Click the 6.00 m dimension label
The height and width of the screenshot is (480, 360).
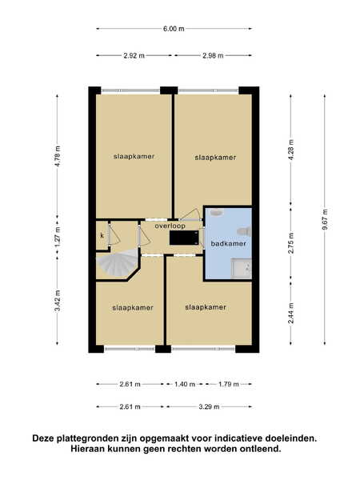tap(174, 29)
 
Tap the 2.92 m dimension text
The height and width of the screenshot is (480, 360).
tap(134, 56)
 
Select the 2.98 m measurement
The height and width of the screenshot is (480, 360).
tap(213, 56)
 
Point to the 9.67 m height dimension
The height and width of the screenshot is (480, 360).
tap(325, 219)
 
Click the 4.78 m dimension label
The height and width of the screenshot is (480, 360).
tap(58, 156)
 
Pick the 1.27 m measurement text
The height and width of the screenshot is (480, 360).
tap(58, 238)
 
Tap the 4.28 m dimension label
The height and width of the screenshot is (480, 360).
tap(291, 150)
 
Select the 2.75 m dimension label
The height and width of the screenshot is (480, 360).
tap(291, 243)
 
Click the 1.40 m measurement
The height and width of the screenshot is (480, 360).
tap(185, 384)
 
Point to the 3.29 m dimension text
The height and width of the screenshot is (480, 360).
tap(209, 407)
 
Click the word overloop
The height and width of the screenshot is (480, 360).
tap(170, 226)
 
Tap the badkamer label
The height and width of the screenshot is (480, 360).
tap(228, 244)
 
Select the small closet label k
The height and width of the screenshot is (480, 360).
tap(102, 235)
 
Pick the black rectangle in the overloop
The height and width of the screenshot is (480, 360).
tap(184, 238)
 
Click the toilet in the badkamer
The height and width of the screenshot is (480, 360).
tap(245, 231)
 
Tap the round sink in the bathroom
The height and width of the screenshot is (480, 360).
tap(217, 212)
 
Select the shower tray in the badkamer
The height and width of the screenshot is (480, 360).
tap(242, 269)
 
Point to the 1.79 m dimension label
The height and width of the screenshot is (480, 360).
tap(228, 384)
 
